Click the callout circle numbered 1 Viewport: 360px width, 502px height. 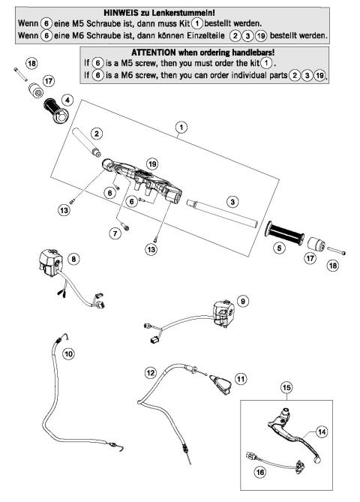[x=180, y=128]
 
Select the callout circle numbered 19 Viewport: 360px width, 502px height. [x=152, y=163]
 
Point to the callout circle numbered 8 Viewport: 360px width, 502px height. [x=73, y=259]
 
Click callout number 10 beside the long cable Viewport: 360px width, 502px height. [x=68, y=353]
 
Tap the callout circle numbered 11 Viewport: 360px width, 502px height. [x=240, y=380]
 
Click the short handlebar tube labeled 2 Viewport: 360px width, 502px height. [x=88, y=146]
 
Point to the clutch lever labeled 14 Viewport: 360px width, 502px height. [x=300, y=443]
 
